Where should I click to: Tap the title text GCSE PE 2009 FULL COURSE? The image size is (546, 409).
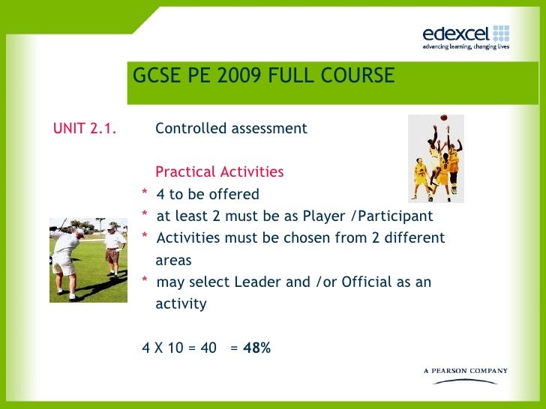pyautogui.click(x=263, y=76)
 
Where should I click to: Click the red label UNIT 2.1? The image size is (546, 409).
pyautogui.click(x=85, y=128)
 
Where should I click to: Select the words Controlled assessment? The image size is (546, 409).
pyautogui.click(x=231, y=128)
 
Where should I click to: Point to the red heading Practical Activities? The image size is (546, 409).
pyautogui.click(x=219, y=172)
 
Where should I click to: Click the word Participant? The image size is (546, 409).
pyautogui.click(x=394, y=216)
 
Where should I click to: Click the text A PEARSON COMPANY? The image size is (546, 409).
pyautogui.click(x=466, y=371)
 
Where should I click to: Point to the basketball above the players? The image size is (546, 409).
pyautogui.click(x=443, y=118)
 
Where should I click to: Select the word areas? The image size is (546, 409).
pyautogui.click(x=173, y=261)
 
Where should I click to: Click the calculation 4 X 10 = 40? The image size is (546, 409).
pyautogui.click(x=179, y=348)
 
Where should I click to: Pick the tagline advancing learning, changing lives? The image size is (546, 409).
pyautogui.click(x=466, y=46)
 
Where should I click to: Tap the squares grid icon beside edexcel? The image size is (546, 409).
pyautogui.click(x=501, y=32)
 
